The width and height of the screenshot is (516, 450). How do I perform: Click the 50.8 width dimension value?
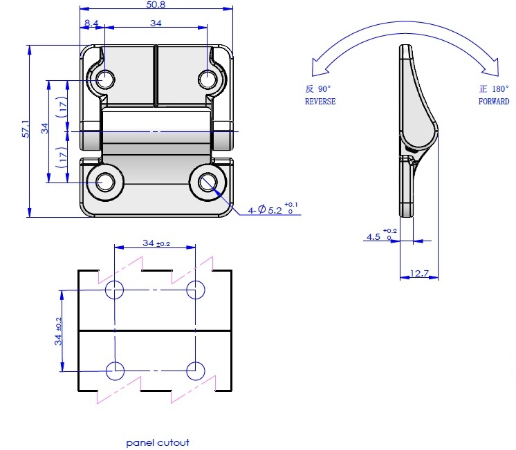pyautogui.click(x=156, y=5)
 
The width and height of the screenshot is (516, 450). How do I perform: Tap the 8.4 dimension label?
pyautogui.click(x=91, y=23)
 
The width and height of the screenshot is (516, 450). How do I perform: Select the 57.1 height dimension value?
pyautogui.click(x=26, y=129)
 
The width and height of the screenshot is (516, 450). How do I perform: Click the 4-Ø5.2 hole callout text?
pyautogui.click(x=273, y=209)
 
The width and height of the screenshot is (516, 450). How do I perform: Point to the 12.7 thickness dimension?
pyautogui.click(x=419, y=273)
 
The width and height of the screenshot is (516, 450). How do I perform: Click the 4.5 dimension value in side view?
pyautogui.click(x=374, y=236)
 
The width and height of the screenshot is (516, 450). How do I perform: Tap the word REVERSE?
pyautogui.click(x=320, y=102)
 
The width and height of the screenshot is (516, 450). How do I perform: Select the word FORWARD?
pyautogui.click(x=494, y=102)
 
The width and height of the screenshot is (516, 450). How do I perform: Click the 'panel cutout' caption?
pyautogui.click(x=158, y=443)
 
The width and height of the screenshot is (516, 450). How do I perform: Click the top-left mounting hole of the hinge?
pyautogui.click(x=106, y=79)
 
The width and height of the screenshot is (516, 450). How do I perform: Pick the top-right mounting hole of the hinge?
pyautogui.click(x=208, y=79)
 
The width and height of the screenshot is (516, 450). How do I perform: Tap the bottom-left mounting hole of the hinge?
pyautogui.click(x=106, y=182)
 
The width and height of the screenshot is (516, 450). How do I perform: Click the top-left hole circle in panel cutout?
pyautogui.click(x=115, y=290)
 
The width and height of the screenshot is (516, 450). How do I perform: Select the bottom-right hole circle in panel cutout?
pyautogui.click(x=196, y=371)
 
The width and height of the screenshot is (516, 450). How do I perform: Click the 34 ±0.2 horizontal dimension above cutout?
pyautogui.click(x=156, y=243)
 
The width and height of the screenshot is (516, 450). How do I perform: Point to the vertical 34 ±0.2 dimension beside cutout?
pyautogui.click(x=58, y=331)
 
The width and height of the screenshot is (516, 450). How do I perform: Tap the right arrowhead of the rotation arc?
pyautogui.click(x=490, y=67)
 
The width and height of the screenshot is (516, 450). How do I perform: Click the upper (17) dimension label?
pyautogui.click(x=62, y=107)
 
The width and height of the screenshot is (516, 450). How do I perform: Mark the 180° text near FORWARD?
pyautogui.click(x=501, y=88)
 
